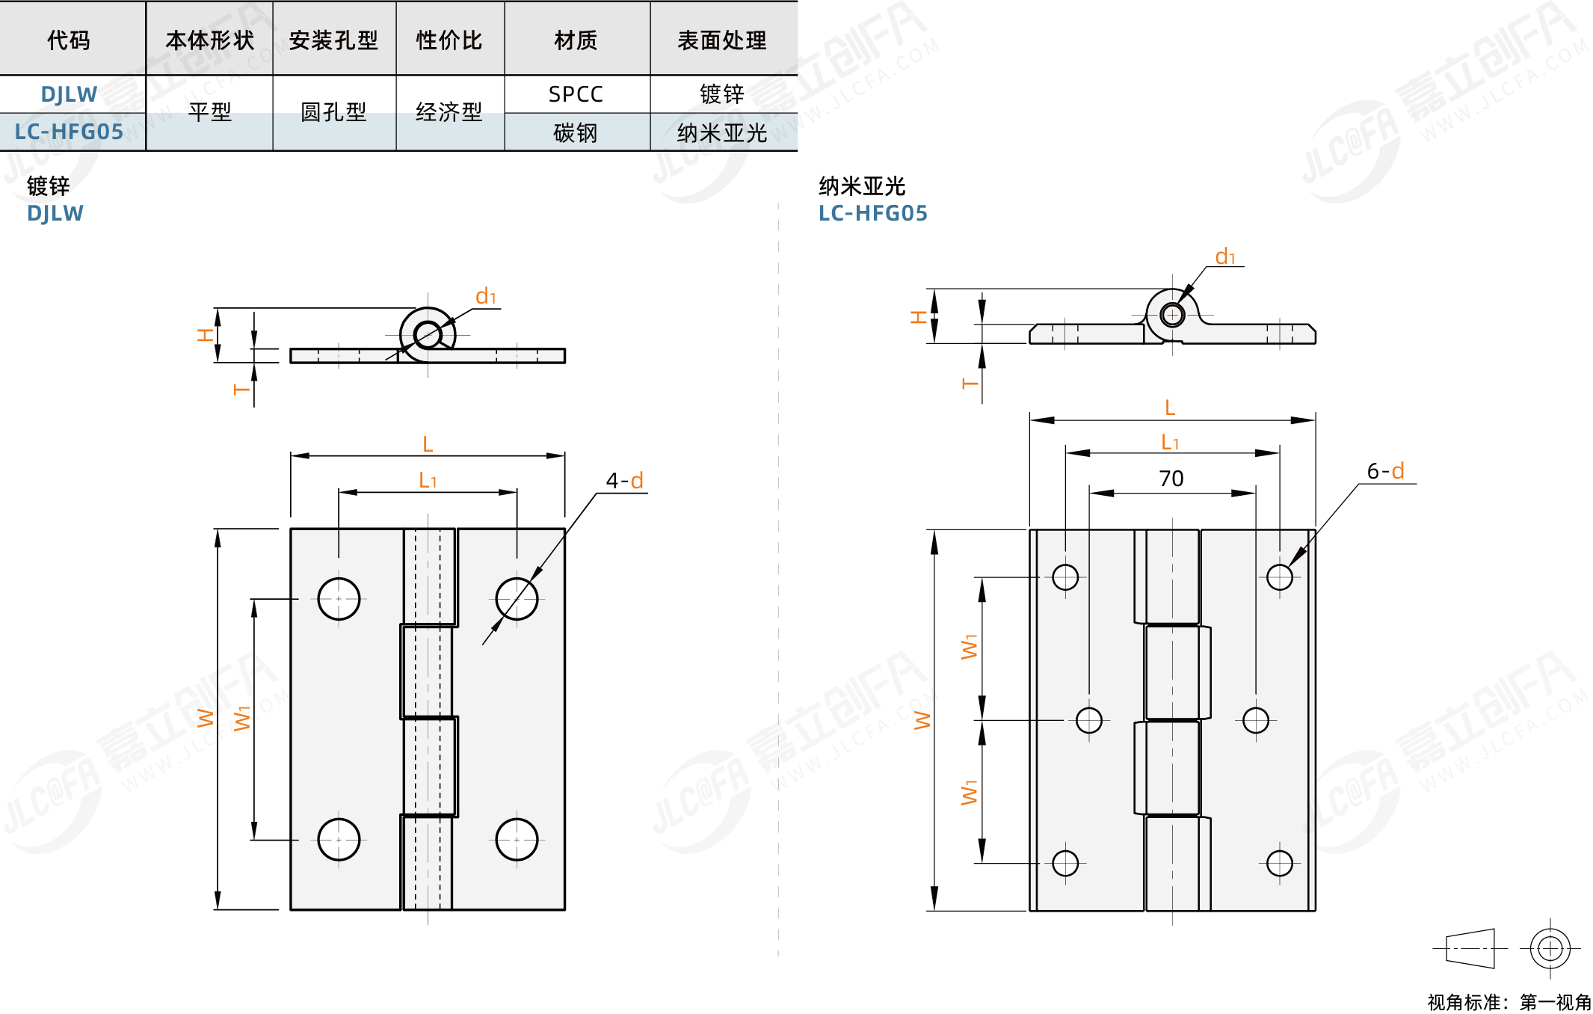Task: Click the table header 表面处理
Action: pyautogui.click(x=721, y=40)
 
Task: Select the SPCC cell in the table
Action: pyautogui.click(x=576, y=94)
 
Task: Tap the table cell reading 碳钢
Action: pyautogui.click(x=576, y=133)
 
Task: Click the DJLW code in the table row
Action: pyautogui.click(x=69, y=94)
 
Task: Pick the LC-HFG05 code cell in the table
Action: pyautogui.click(x=69, y=132)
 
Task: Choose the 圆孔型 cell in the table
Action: pyautogui.click(x=333, y=112)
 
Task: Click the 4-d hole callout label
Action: pyautogui.click(x=624, y=480)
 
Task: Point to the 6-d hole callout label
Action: pyautogui.click(x=1385, y=470)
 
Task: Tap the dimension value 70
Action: pyautogui.click(x=1171, y=479)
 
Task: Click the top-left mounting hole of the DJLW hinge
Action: pyautogui.click(x=339, y=598)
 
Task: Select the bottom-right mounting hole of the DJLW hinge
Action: pyautogui.click(x=517, y=839)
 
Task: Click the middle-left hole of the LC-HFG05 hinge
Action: pyautogui.click(x=1088, y=720)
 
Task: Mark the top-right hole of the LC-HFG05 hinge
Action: pyautogui.click(x=1279, y=577)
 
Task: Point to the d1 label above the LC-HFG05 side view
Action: pyautogui.click(x=1225, y=256)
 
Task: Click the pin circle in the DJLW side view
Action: pyautogui.click(x=428, y=335)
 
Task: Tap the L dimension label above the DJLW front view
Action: pyautogui.click(x=428, y=444)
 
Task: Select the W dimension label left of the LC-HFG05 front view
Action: pyautogui.click(x=922, y=720)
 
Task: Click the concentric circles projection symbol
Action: pyautogui.click(x=1550, y=948)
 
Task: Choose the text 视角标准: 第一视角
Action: pyautogui.click(x=1509, y=1002)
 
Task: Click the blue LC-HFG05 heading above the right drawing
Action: pyautogui.click(x=872, y=214)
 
